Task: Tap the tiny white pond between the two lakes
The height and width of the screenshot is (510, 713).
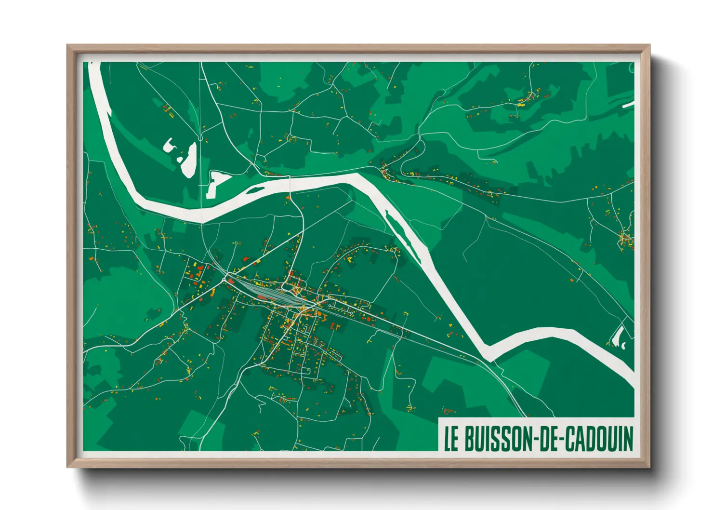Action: pos(180,159)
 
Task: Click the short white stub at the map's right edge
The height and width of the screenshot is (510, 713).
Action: pos(628,105)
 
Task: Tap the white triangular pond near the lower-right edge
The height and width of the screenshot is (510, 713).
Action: pos(616,336)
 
